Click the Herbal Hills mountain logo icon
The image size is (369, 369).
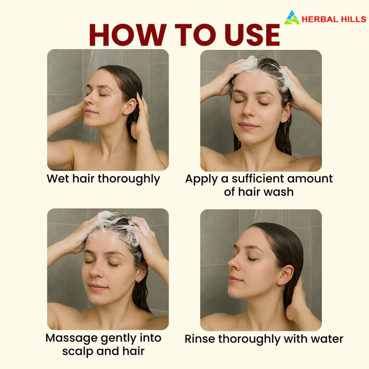pyautogui.click(x=292, y=17)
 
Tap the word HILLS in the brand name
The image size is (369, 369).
pyautogui.click(x=353, y=19)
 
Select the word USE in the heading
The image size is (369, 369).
pyautogui.click(x=252, y=34)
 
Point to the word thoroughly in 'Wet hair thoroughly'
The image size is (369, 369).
pyautogui.click(x=129, y=179)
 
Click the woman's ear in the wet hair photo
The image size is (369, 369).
pyautogui.click(x=130, y=106)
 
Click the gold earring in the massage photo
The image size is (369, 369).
pyautogui.click(x=139, y=280)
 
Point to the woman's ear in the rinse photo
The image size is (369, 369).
pyautogui.click(x=285, y=275)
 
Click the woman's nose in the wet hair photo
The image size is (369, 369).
pyautogui.click(x=88, y=99)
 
